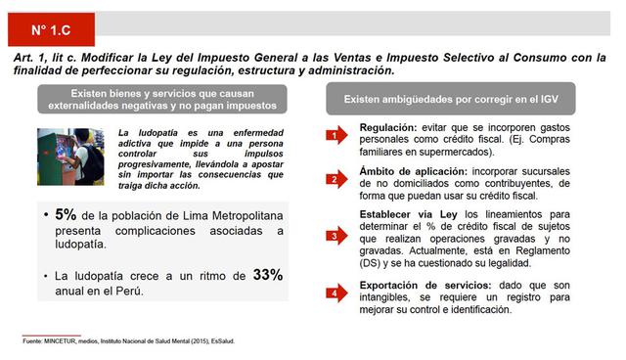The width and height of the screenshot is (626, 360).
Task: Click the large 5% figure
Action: coord(66,214)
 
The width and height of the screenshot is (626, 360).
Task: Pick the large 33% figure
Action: coord(268,275)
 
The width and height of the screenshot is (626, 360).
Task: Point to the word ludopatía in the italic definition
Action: coord(146,132)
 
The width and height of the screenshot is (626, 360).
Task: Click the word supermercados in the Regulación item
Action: coord(450,153)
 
